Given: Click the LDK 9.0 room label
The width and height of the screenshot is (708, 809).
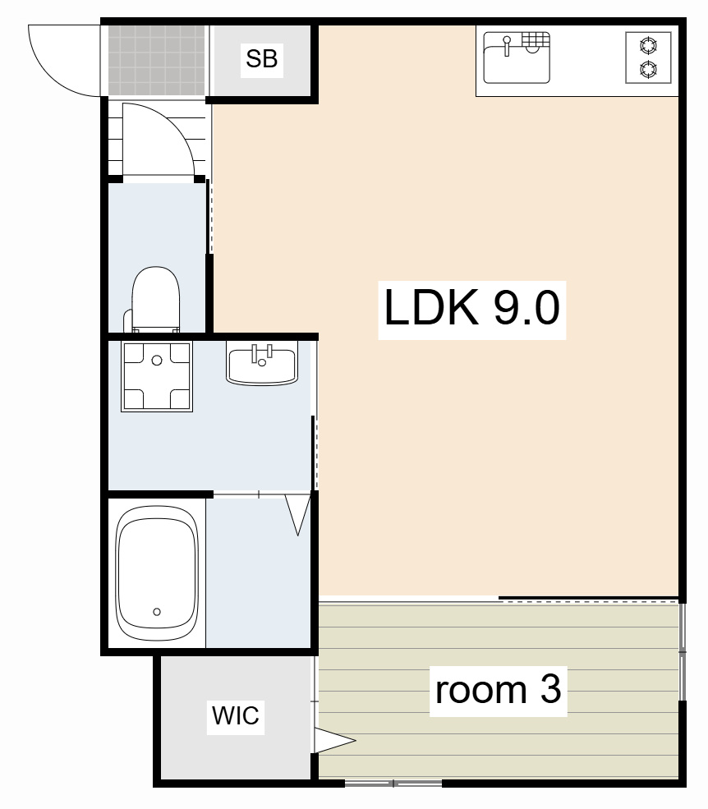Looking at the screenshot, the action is coord(471,309).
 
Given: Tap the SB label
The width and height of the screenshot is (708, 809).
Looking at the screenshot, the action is coord(262,59).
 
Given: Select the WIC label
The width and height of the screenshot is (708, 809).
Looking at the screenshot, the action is coord(235,715).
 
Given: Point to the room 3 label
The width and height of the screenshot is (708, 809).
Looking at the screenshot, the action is coord(498,690).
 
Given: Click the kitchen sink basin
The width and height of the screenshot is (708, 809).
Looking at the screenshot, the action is coord(517,57).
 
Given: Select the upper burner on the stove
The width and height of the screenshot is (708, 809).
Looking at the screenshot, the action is coord(648,45).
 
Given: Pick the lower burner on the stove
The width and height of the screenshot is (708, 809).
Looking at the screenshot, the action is coord(648,69).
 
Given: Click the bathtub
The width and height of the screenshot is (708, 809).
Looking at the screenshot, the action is coord(157,572).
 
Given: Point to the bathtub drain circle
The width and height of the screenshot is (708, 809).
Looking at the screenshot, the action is coord(157,612).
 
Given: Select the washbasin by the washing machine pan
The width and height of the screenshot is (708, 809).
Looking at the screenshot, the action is coord(262,364).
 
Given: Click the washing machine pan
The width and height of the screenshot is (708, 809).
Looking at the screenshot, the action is coord(157,376).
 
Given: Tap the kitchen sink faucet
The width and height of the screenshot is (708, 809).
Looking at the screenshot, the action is coord(507,45).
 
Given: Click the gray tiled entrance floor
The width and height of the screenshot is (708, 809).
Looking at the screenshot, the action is coord(156,60).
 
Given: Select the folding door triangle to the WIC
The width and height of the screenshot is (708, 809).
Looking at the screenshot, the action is coord(333,741).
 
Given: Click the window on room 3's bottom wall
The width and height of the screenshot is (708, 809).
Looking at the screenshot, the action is coord(393,784).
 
